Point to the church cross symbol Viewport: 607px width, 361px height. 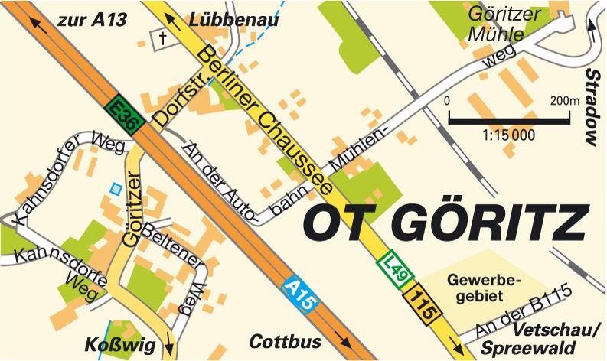(x=162, y=37)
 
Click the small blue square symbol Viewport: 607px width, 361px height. (x=116, y=187)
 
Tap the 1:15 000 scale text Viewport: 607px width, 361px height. (x=508, y=135)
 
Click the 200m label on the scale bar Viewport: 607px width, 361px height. (x=564, y=101)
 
